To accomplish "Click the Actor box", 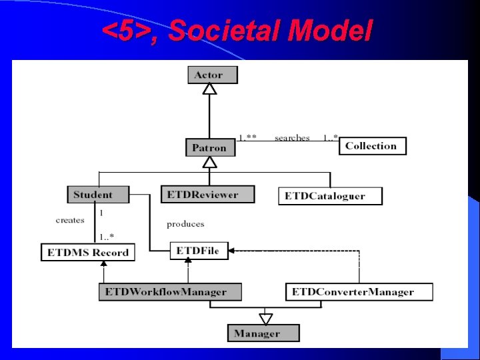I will pyautogui.click(x=212, y=75).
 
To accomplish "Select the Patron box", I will pyautogui.click(x=210, y=147).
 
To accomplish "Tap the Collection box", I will pyautogui.click(x=372, y=146).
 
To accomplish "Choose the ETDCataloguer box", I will pyautogui.click(x=330, y=196).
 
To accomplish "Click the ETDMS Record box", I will pyautogui.click(x=87, y=253).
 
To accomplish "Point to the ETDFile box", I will pyautogui.click(x=198, y=251).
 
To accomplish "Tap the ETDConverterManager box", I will pyautogui.click(x=359, y=291).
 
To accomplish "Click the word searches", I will pyautogui.click(x=292, y=138).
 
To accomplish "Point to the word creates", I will pyautogui.click(x=70, y=220).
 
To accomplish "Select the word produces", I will pyautogui.click(x=185, y=223).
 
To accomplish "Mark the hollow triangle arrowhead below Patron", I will pyautogui.click(x=210, y=162).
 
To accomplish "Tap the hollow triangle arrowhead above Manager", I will pyautogui.click(x=266, y=319).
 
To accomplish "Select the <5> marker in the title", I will pyautogui.click(x=127, y=31).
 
